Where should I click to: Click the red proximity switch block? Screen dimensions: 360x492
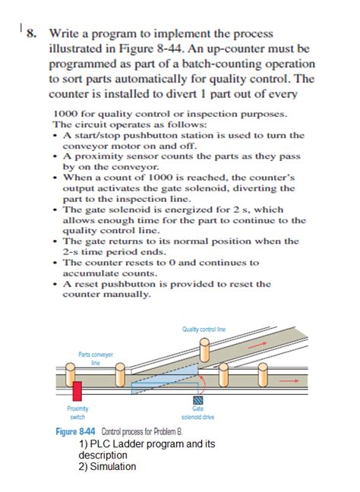[77, 391]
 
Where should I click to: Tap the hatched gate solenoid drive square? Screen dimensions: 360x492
[197, 400]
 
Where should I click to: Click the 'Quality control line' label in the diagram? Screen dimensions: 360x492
[204, 330]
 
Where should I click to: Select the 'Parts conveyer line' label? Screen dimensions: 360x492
[96, 358]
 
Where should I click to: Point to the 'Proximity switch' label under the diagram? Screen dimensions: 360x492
[77, 412]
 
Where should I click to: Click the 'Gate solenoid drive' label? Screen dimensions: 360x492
[197, 413]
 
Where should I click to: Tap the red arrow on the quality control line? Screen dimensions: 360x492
[259, 344]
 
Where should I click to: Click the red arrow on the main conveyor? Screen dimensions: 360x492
[289, 380]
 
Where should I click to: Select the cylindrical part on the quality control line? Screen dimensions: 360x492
[204, 350]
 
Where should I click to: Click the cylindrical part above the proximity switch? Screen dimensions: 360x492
[70, 374]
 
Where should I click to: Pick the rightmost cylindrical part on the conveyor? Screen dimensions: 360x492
[262, 374]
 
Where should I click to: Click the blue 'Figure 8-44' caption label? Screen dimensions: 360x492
[75, 432]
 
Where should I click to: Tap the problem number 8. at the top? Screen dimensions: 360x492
[32, 33]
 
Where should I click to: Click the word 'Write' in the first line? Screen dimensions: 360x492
[65, 33]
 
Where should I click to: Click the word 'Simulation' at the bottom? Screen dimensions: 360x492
[113, 467]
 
